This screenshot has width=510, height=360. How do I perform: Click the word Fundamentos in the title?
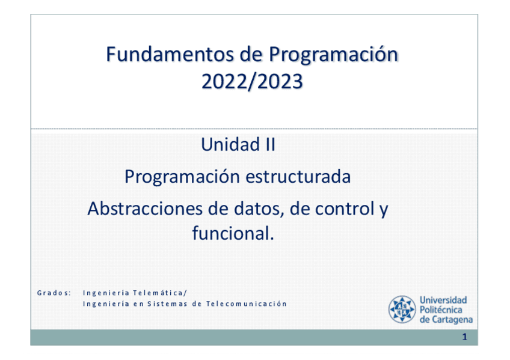pyautogui.click(x=170, y=54)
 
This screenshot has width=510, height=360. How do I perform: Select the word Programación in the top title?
pyautogui.click(x=333, y=55)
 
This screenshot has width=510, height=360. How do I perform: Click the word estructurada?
pyautogui.click(x=298, y=177)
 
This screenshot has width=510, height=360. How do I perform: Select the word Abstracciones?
pyautogui.click(x=145, y=209)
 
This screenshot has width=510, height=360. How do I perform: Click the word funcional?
pyautogui.click(x=233, y=233)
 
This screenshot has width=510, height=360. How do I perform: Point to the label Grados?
pyautogui.click(x=54, y=293)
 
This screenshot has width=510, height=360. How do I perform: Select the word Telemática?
pyautogui.click(x=160, y=293)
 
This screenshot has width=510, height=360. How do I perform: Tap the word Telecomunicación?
pyautogui.click(x=247, y=304)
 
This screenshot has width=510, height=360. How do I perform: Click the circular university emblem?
pyautogui.click(x=402, y=310)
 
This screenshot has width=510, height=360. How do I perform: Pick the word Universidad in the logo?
pyautogui.click(x=443, y=300)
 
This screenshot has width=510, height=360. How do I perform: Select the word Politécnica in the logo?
pyautogui.click(x=441, y=310)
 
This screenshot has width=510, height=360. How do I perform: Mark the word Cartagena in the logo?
pyautogui.click(x=452, y=320)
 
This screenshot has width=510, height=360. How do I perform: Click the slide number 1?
pyautogui.click(x=464, y=337)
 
